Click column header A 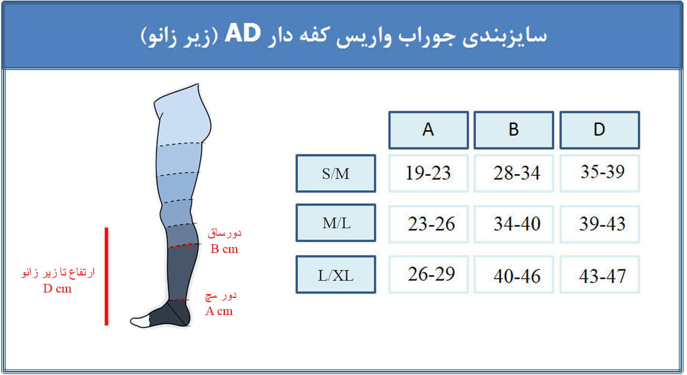tap(428, 130)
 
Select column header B tap(514, 130)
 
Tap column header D tap(600, 130)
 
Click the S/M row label tap(336, 174)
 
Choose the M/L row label tap(336, 223)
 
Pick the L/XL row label tap(336, 275)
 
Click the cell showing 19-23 tap(428, 174)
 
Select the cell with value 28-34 tap(514, 174)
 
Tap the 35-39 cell tap(600, 174)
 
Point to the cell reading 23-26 tap(428, 224)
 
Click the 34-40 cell tap(514, 224)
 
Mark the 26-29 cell tap(428, 275)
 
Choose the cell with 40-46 tap(514, 275)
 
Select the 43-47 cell tap(600, 275)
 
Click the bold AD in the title tap(243, 33)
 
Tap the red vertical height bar tap(106, 276)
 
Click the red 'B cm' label tap(224, 249)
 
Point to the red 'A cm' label tap(219, 311)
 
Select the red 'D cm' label tap(57, 288)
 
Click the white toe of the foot tap(140, 321)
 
